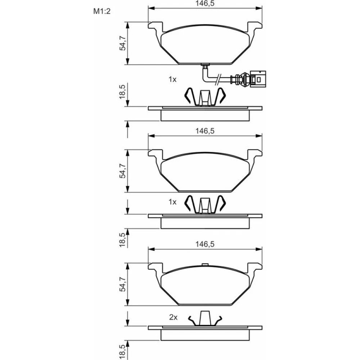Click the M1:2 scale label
pos(102,11)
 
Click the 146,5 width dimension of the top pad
pos(205,4)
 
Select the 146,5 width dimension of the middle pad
pos(205,131)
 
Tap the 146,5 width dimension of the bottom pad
pos(205,244)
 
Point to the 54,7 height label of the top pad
pos(122,43)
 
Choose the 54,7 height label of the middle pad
pos(122,171)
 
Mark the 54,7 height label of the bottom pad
pos(122,284)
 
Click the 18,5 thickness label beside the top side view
pos(122,92)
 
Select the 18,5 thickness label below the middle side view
pos(122,240)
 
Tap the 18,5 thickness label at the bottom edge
pos(122,352)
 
